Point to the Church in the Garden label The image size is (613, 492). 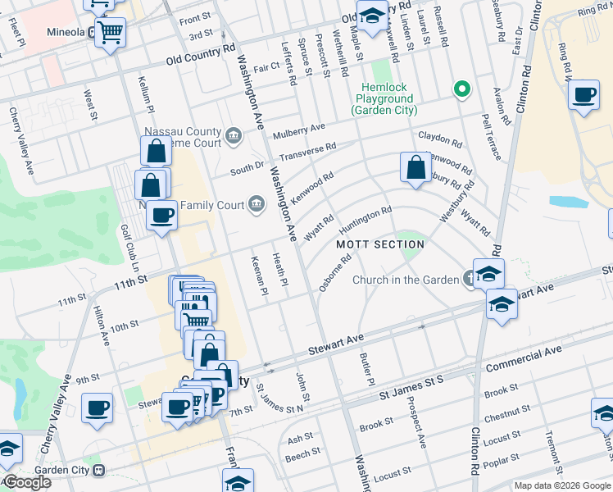[406, 280]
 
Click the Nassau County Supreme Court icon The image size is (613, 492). [234, 134]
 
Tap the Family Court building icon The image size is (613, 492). [257, 204]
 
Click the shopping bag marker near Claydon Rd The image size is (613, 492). [416, 167]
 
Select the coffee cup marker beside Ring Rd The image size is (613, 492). [583, 96]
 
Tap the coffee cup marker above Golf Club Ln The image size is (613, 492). [161, 216]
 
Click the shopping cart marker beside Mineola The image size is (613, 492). [109, 33]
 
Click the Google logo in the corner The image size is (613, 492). [26, 482]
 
